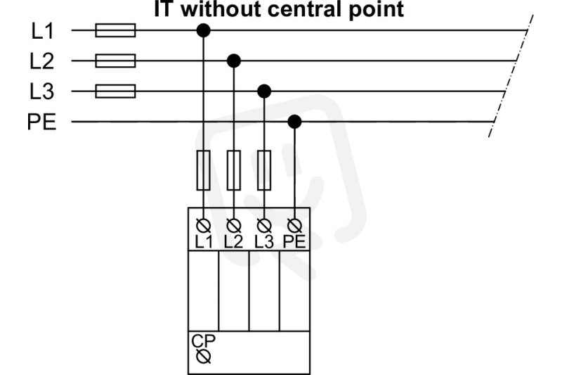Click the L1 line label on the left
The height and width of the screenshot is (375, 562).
(43, 31)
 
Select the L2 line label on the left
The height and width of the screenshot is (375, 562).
(42, 61)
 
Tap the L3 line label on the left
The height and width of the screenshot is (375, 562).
(42, 91)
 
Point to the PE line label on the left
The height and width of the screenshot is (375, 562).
(41, 122)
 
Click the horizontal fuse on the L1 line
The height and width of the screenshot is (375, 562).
(115, 30)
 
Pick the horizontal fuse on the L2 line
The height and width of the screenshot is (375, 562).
(115, 61)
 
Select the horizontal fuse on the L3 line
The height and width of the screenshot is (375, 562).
(115, 91)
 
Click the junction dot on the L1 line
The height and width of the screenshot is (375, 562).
(204, 30)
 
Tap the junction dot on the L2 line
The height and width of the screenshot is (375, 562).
(234, 61)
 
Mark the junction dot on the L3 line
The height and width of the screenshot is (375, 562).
(264, 91)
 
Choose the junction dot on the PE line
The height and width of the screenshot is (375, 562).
(294, 122)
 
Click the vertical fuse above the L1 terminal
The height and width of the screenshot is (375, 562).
(204, 170)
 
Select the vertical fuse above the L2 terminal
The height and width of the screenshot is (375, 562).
(234, 170)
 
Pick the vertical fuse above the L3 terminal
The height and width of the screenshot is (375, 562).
(264, 170)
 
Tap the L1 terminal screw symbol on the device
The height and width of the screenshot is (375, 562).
(204, 226)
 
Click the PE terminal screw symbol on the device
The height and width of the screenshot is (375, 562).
(294, 226)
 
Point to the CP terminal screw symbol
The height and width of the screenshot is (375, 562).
(204, 357)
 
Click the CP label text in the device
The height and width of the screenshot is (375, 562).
(203, 341)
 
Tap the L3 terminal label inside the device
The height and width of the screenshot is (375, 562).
(264, 242)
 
